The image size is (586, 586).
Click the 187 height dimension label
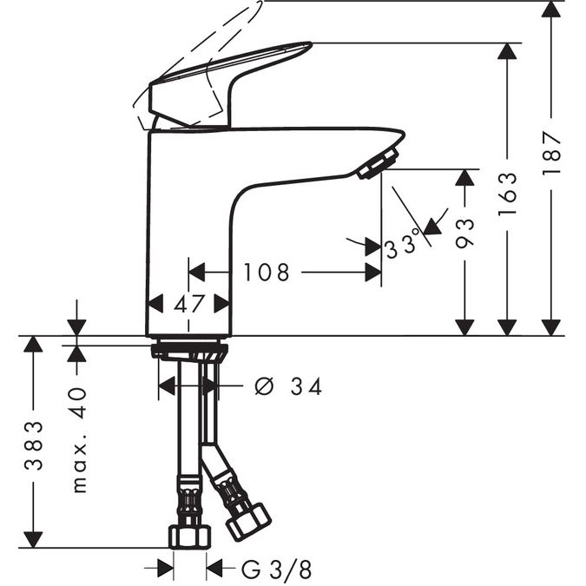(551, 152)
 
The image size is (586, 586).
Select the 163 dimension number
(508, 194)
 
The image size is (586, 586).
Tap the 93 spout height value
(465, 234)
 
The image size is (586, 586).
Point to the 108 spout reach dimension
(267, 272)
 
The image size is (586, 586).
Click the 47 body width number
(189, 304)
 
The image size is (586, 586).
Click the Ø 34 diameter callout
(288, 386)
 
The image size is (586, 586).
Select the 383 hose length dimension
(34, 445)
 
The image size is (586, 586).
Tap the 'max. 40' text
(79, 440)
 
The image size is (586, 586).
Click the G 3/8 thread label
(276, 570)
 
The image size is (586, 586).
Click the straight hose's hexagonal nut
(190, 537)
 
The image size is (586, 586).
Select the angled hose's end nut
(249, 522)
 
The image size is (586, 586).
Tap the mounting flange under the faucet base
(189, 351)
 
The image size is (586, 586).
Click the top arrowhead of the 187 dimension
(551, 9)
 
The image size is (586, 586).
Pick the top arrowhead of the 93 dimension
(465, 177)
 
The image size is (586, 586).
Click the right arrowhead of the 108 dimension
(373, 272)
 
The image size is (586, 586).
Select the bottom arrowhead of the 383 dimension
(33, 540)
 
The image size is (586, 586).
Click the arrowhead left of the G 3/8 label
(166, 570)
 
